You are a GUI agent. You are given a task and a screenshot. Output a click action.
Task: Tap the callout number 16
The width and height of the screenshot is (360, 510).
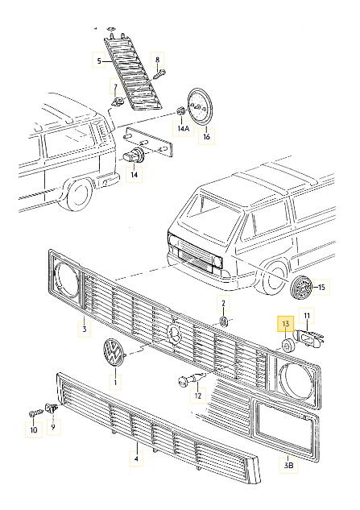(206, 137)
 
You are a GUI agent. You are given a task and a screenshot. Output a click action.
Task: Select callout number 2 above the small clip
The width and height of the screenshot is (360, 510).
(225, 304)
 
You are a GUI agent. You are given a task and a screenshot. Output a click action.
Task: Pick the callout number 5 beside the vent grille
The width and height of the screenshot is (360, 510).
(100, 61)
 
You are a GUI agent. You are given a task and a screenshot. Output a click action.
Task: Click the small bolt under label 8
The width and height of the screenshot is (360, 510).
(159, 76)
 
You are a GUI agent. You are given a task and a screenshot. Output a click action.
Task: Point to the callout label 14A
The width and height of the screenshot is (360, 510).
(183, 129)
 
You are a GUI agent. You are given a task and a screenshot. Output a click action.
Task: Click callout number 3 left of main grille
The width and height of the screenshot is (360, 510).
(82, 327)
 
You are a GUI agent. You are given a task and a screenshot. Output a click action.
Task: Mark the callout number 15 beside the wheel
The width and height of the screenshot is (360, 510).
(321, 287)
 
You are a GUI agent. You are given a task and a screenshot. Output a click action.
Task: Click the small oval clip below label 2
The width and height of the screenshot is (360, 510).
(225, 322)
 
